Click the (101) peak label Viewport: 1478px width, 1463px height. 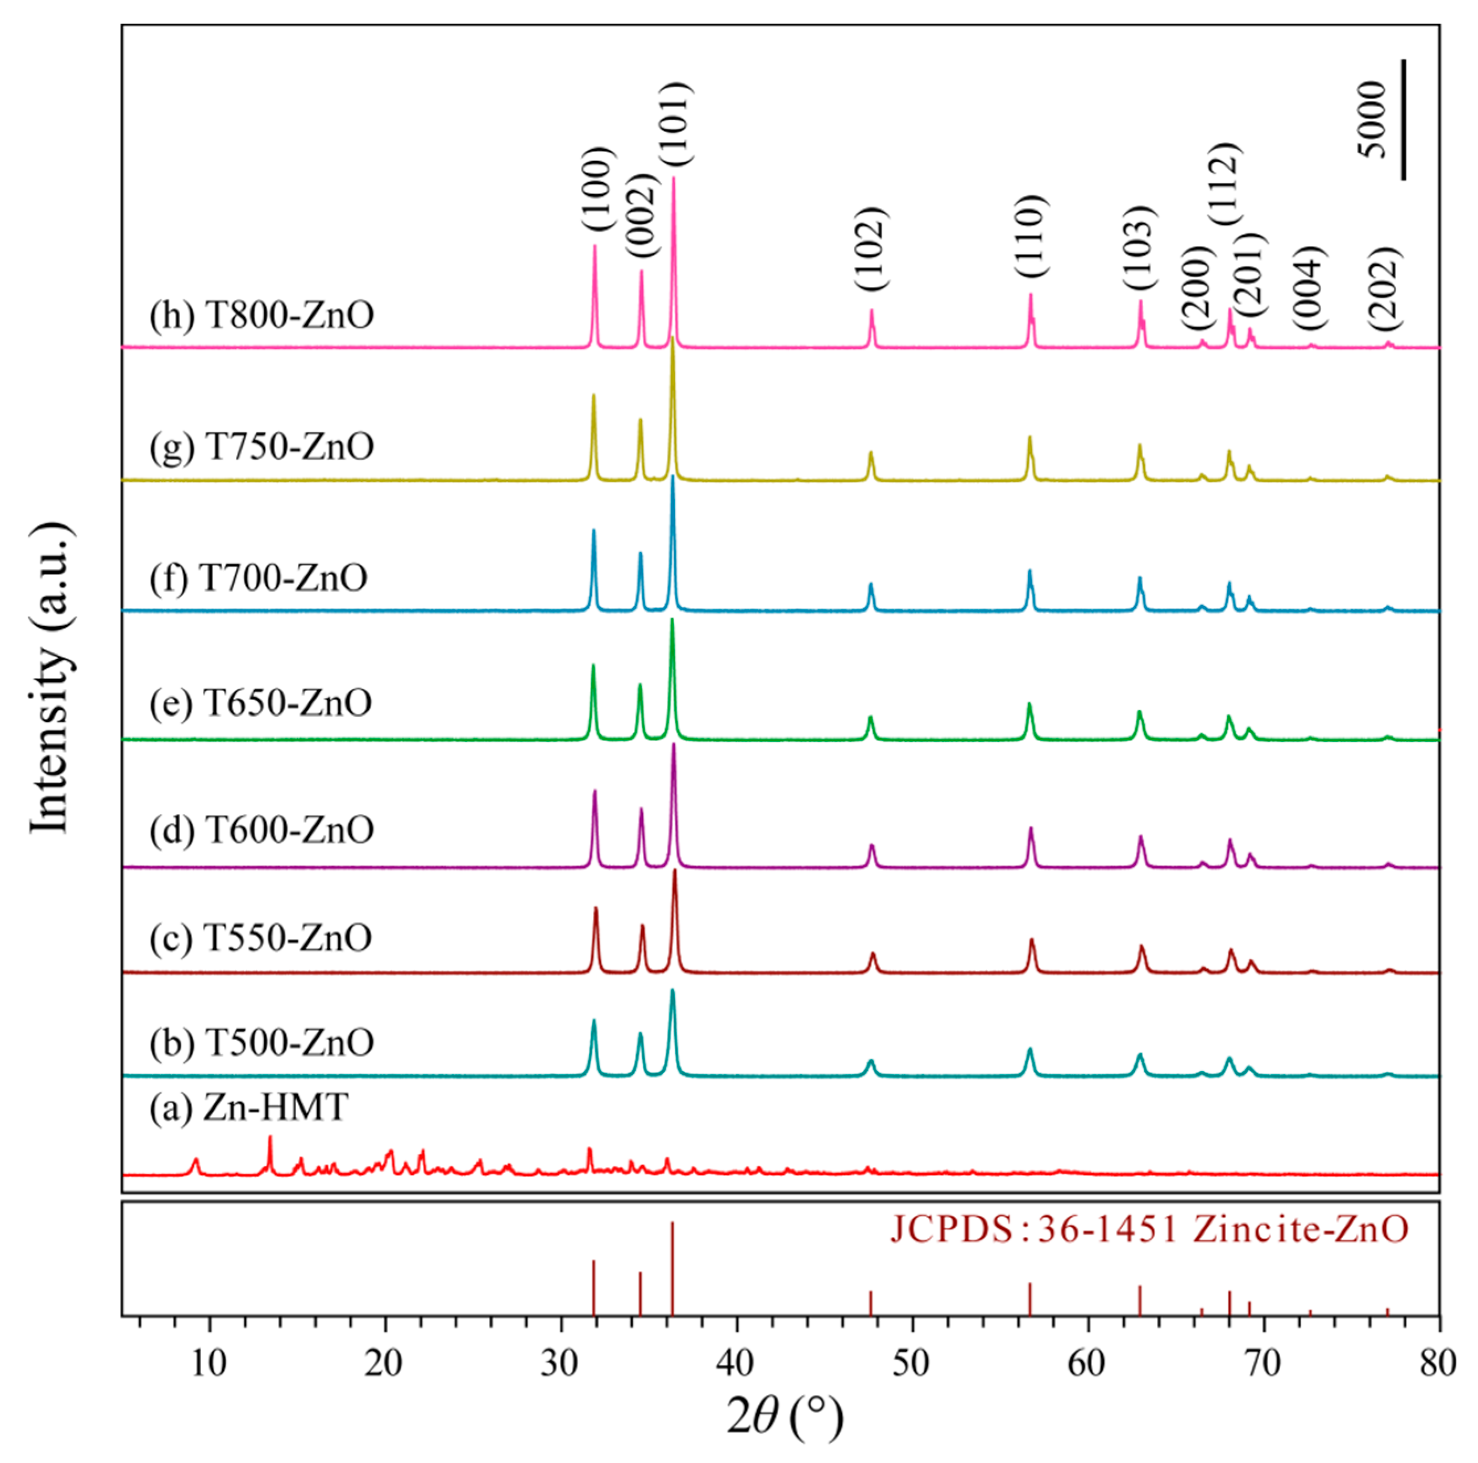coord(677,125)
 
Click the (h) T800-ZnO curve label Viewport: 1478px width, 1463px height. coord(261,315)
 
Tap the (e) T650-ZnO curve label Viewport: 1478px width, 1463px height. coord(260,702)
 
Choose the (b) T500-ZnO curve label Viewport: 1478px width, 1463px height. coord(261,1042)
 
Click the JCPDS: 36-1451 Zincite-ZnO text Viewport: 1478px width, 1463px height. coord(1148,1230)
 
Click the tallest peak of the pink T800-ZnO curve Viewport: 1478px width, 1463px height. coord(673,180)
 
